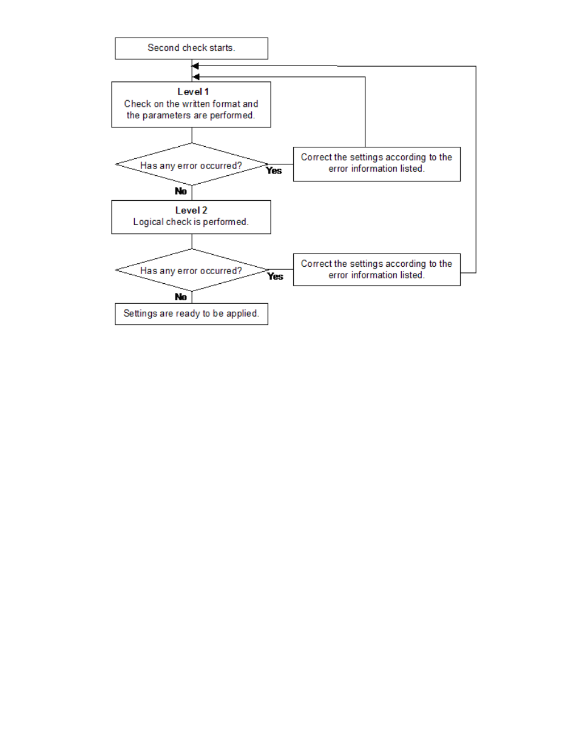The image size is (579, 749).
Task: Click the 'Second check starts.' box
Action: point(191,49)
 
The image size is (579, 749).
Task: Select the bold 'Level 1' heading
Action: point(193,92)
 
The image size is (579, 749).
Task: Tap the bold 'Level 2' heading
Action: point(191,210)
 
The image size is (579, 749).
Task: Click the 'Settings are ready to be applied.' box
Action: point(191,314)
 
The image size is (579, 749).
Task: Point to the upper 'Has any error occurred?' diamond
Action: point(192,164)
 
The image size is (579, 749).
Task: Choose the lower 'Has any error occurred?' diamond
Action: point(192,270)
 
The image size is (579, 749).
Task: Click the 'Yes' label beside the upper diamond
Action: point(274,170)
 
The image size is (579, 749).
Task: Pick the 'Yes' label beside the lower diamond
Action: point(275,277)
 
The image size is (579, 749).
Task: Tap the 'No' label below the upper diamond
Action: point(181,191)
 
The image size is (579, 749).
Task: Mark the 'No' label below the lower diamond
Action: point(181,297)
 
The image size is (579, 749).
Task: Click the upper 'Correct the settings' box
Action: point(377,164)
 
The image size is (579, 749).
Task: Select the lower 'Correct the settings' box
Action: point(377,270)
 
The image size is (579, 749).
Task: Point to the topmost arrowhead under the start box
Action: point(195,66)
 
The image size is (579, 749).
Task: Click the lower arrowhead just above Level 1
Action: point(195,77)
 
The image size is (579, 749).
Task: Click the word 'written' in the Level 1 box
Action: point(194,104)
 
